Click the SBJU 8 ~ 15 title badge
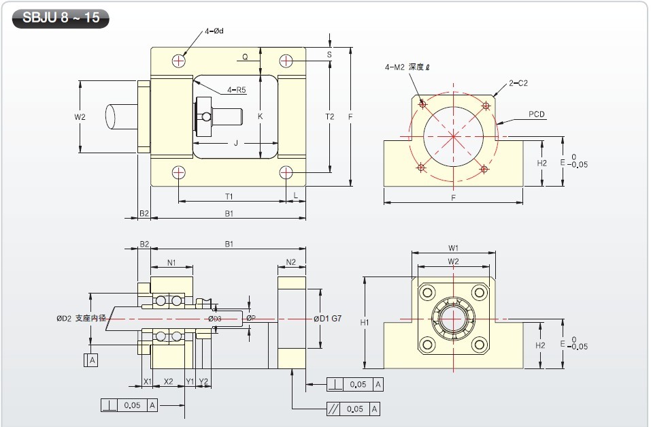coord(61,18)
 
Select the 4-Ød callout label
coord(214,31)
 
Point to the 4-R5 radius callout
coord(237,90)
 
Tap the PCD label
coord(537,114)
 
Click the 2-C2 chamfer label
coord(518,83)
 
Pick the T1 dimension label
coord(229,196)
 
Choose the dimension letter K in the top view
coord(261,116)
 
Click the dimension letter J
coord(236,143)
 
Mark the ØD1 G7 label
coord(328,319)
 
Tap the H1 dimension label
coord(365,322)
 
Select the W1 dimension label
coord(453,248)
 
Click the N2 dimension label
coord(291,262)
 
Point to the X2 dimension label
coord(169,381)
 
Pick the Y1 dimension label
coord(190,381)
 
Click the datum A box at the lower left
coord(90,360)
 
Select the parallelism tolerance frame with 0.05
coord(354,409)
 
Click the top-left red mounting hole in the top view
coord(178,61)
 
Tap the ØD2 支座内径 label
coord(82,319)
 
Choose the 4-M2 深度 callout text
coord(407,67)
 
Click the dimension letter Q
coord(245,57)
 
